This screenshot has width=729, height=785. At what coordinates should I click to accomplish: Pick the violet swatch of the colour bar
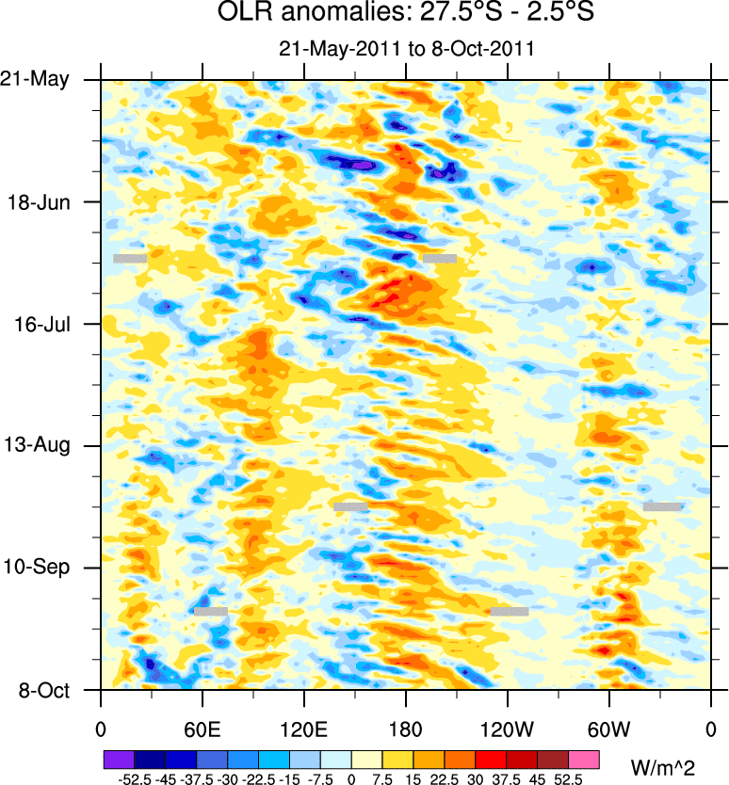(119, 758)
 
